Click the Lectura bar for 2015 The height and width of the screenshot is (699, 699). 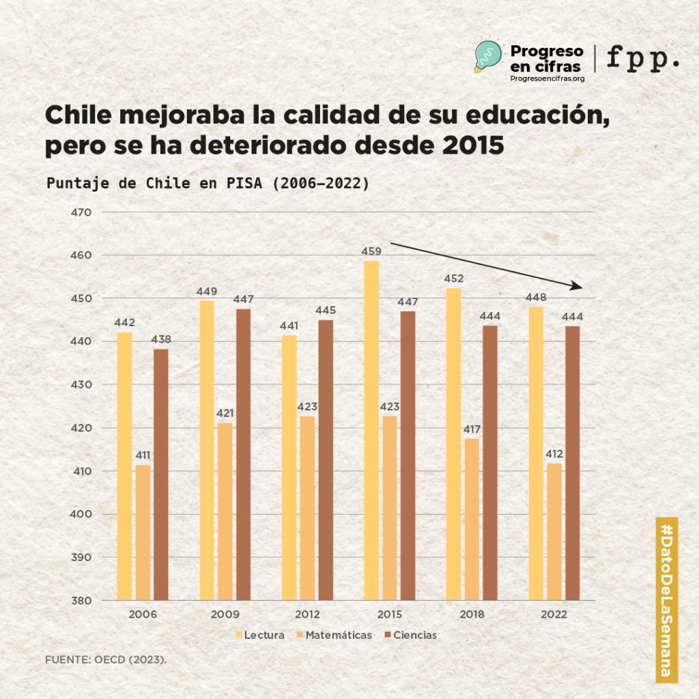pos(371,430)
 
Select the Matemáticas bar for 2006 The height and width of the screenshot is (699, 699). pos(143,532)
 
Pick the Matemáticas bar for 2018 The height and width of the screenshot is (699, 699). pos(472,519)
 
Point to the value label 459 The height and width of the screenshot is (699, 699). pos(371,252)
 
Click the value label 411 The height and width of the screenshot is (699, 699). pos(143,455)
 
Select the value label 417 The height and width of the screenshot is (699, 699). pos(472,429)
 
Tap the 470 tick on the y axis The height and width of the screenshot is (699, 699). pos(81,212)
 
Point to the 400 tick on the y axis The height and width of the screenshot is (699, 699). pos(81,514)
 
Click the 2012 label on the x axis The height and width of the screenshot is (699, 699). pos(307,614)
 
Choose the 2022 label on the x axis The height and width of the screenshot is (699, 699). pos(554,614)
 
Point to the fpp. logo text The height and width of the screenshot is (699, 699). pos(642,59)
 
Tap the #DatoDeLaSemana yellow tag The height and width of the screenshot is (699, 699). pos(666,599)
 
